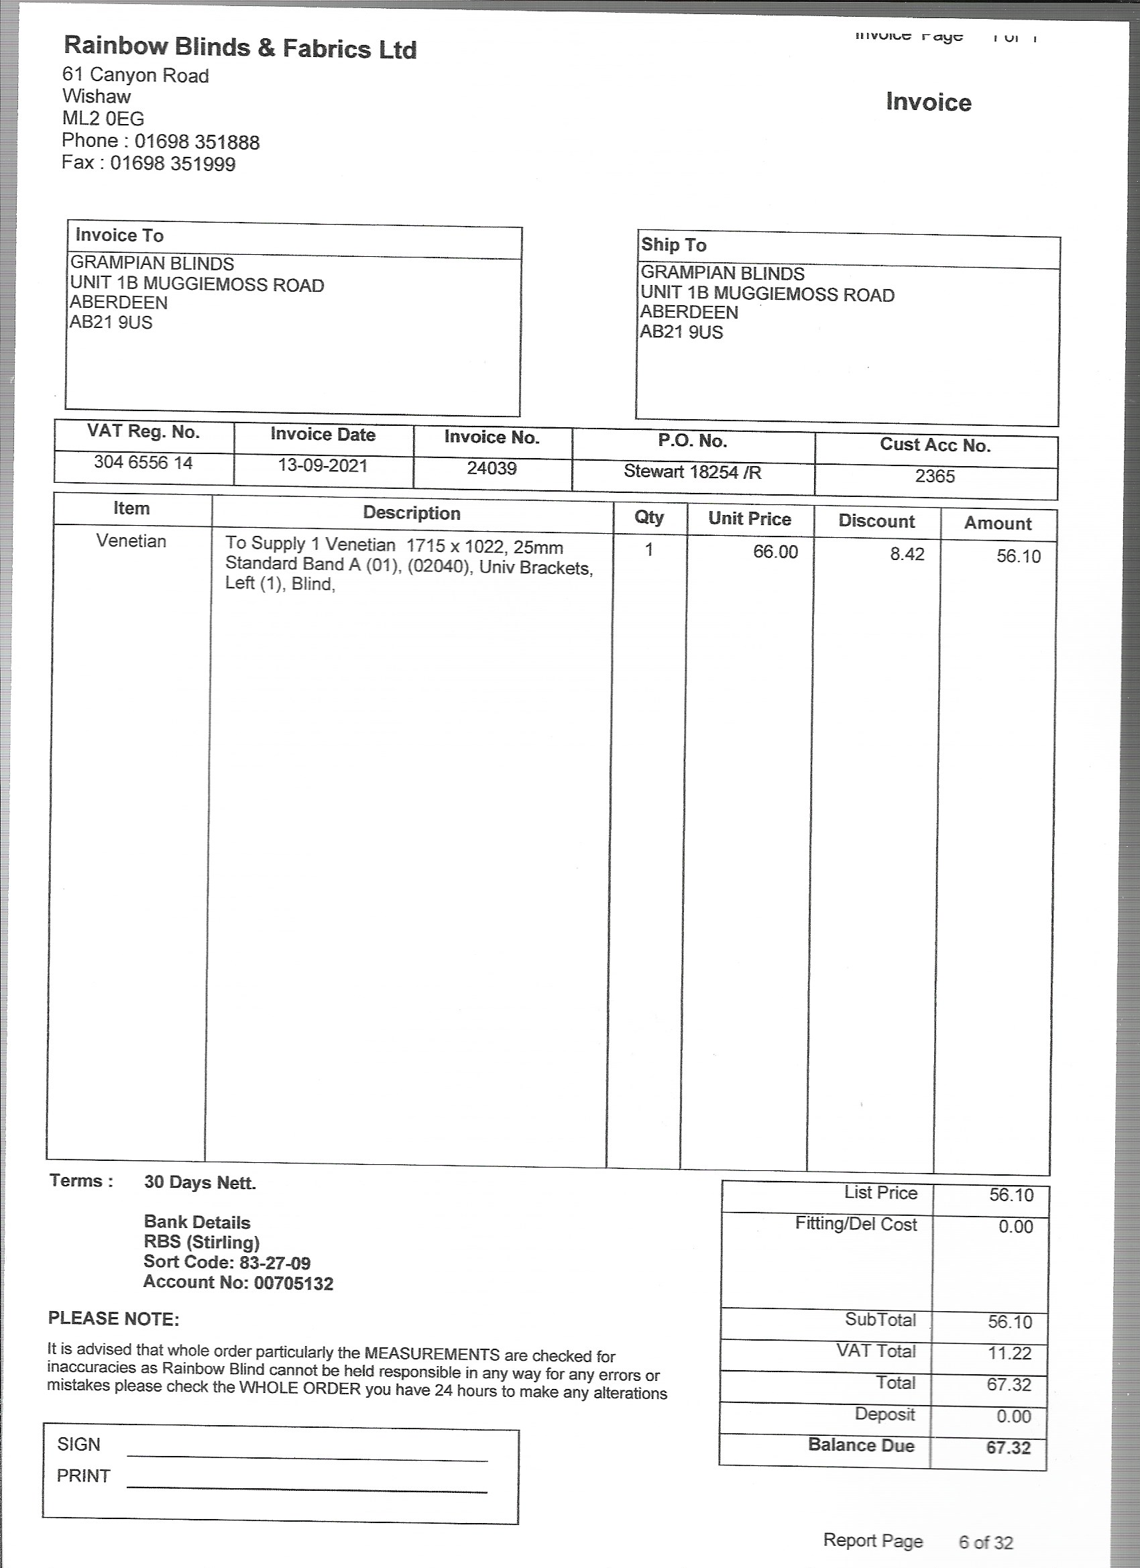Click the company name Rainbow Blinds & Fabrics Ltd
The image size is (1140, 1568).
point(240,48)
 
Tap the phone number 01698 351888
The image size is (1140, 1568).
point(197,142)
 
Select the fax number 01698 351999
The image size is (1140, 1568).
point(173,164)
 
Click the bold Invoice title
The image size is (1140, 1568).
point(929,103)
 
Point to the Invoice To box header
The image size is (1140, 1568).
point(119,236)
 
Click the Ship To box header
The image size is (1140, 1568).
point(673,245)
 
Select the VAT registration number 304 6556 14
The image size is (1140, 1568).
point(143,463)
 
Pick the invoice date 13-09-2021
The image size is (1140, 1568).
point(323,465)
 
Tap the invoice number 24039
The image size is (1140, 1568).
point(492,469)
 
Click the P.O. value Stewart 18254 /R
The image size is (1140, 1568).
point(692,471)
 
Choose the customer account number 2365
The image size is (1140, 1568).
point(935,476)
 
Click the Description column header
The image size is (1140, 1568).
point(411,513)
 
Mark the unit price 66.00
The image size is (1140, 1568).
point(775,552)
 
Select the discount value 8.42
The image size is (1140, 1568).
point(907,555)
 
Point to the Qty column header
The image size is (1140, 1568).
point(648,517)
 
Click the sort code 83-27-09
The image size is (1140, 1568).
point(274,1263)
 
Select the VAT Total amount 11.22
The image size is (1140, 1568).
point(1009,1353)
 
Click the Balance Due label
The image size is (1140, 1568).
point(861,1446)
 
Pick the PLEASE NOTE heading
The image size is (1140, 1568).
point(113,1319)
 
